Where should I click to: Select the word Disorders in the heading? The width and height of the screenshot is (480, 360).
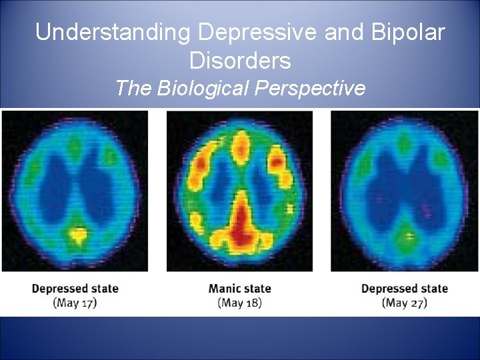coord(240,61)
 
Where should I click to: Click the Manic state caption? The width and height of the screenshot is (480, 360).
coord(240,289)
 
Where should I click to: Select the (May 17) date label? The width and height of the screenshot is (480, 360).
coord(75,303)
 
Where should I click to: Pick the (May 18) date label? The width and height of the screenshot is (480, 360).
coord(240,303)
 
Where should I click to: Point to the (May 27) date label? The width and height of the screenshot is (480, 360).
coord(405,303)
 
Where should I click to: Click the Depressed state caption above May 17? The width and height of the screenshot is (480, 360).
coord(75,289)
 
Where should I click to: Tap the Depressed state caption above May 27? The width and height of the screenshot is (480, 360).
coord(405,289)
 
